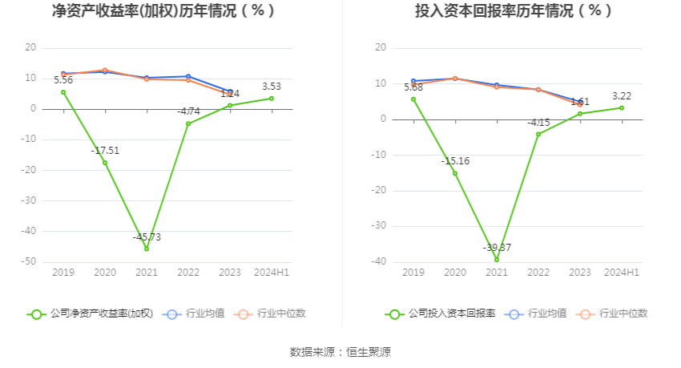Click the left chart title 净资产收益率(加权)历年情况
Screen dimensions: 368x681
(163, 11)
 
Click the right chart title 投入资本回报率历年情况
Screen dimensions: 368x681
(514, 11)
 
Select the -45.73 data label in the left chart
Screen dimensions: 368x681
(147, 237)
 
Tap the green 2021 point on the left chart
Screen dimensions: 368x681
(147, 249)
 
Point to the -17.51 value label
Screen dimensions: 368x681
(105, 150)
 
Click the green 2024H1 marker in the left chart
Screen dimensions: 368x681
(272, 99)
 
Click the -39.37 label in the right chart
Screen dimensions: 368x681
(497, 248)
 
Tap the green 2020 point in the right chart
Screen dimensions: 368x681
(455, 173)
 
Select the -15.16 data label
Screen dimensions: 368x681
(455, 161)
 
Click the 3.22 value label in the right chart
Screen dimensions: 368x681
(622, 95)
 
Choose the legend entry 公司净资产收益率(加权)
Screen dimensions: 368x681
(91, 313)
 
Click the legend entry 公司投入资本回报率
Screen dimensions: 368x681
(441, 313)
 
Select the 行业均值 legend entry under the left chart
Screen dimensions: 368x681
(195, 313)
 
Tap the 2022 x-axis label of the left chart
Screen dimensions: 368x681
(188, 273)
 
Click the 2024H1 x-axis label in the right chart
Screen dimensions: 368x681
(622, 273)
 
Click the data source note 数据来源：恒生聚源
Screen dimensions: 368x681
(340, 352)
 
